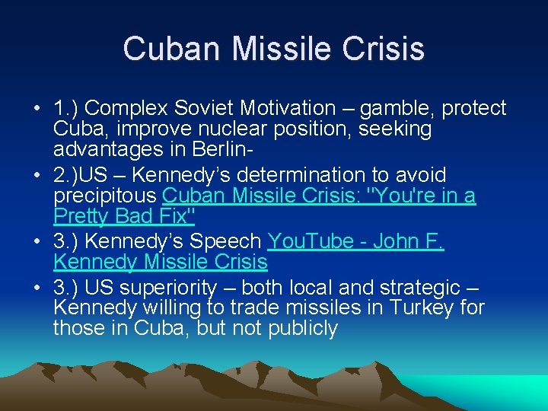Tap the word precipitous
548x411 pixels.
click(x=106, y=196)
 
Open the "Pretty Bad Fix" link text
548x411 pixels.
click(x=125, y=216)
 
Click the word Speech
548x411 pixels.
click(x=228, y=242)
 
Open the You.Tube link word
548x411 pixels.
click(x=304, y=242)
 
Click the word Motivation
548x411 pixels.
click(x=288, y=109)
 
